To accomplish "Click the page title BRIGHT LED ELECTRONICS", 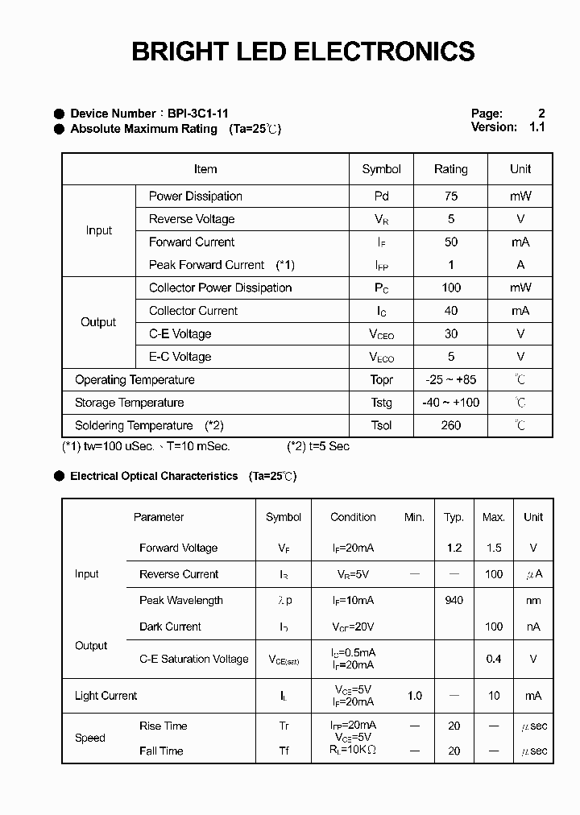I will coord(303,52).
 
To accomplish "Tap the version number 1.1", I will coord(537,127).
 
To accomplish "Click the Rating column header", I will coord(450,169).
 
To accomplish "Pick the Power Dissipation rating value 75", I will coord(450,196).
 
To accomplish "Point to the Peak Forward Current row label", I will coord(206,265).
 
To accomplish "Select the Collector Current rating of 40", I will coord(450,311).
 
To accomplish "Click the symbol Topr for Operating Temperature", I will coord(382,380).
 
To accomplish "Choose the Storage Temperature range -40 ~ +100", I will coord(450,403).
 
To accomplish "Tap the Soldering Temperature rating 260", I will coord(450,425).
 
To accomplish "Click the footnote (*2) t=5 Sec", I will coord(318,446).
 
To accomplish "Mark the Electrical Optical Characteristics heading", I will coord(154,476).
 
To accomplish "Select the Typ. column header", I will coord(454,517).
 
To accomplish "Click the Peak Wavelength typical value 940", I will coord(454,600).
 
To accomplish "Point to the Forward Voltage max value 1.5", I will coord(494,548).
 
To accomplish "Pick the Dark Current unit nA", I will coord(533,627).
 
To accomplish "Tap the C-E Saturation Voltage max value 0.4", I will coord(494,659).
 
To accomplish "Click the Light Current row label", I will coord(106,696).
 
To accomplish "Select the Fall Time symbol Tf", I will coord(284,751).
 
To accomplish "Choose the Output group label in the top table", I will coord(98,322).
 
